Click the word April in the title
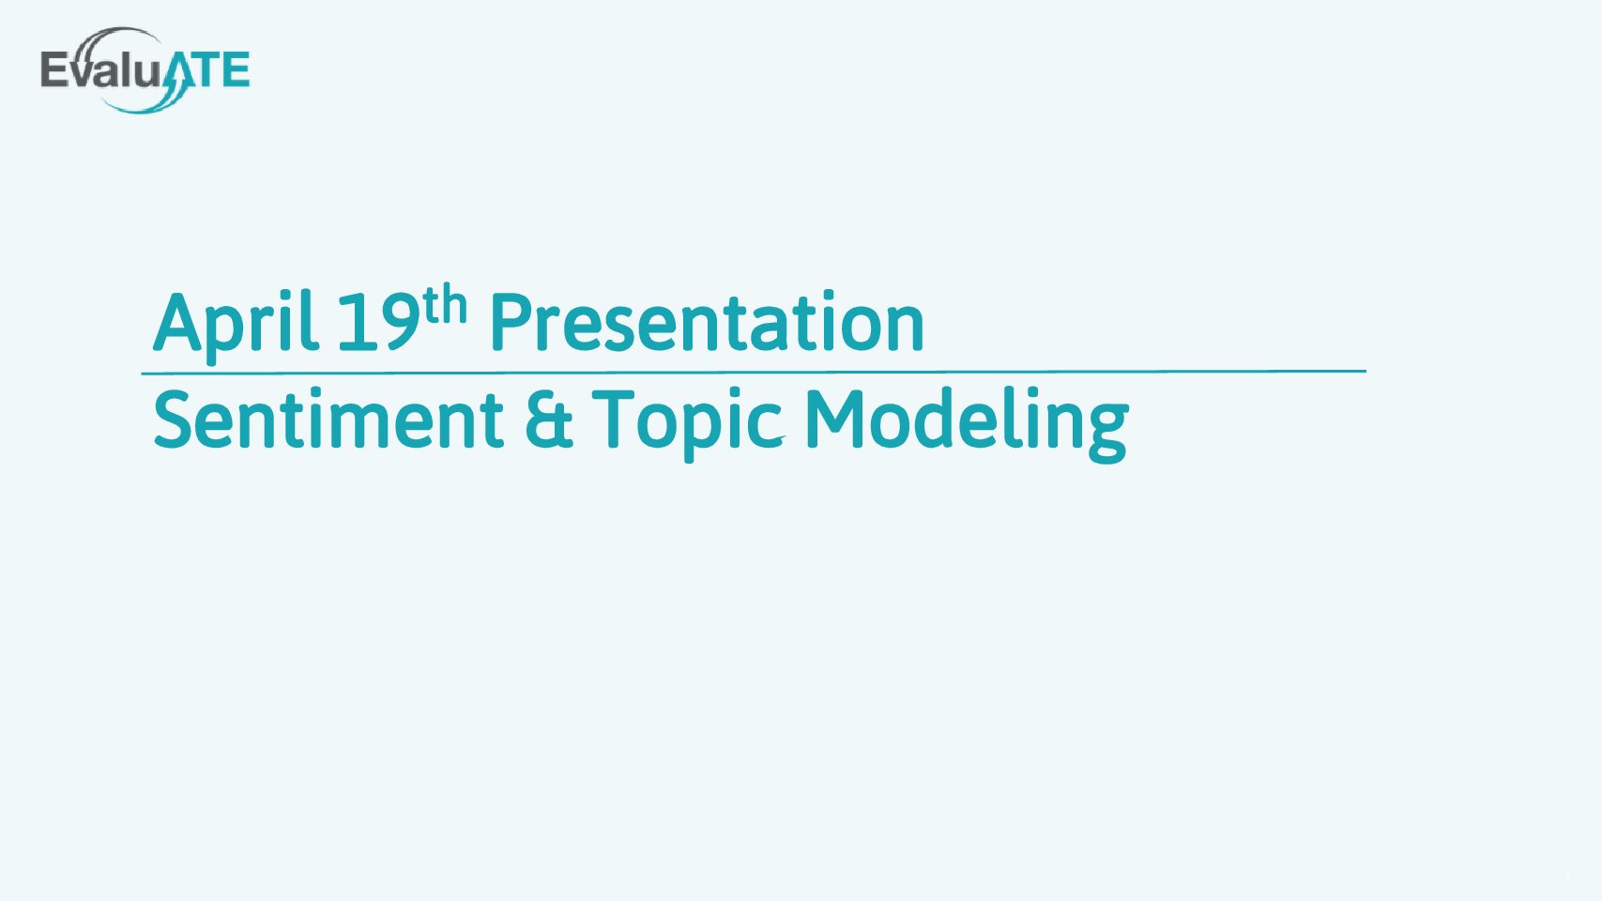(236, 324)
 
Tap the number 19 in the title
(377, 322)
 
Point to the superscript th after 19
(444, 304)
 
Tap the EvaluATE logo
(145, 70)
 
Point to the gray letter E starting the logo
(54, 69)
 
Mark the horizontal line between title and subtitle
(754, 372)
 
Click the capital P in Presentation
(511, 322)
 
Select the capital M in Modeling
(835, 420)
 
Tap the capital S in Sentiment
(175, 420)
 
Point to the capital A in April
(177, 322)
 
